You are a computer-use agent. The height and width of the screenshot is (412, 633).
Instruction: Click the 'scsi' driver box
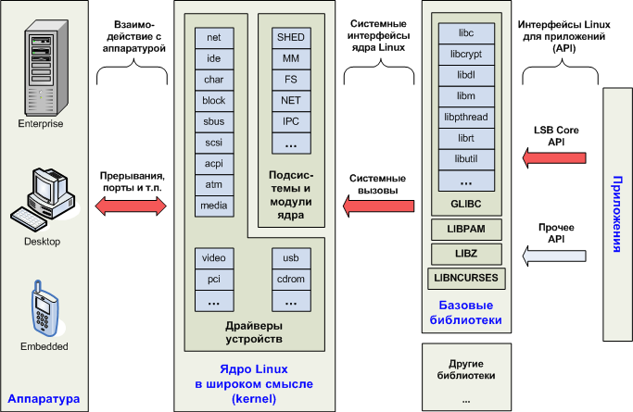[214, 142]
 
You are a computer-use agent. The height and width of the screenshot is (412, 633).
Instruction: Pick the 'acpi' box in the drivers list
[214, 162]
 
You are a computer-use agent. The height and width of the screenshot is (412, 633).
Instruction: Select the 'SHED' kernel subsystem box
[290, 38]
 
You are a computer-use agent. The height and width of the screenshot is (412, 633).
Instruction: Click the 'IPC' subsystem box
[290, 121]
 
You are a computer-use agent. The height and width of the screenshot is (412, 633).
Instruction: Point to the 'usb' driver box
[290, 256]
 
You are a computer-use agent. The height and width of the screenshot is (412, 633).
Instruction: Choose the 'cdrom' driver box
[290, 279]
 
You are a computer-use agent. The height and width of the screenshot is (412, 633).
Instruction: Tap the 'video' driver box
[214, 256]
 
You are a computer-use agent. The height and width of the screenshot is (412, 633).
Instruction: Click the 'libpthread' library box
[466, 119]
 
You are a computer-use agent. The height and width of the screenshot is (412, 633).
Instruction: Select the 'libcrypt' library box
[466, 55]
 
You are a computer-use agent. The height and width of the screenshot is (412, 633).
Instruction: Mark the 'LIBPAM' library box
[466, 227]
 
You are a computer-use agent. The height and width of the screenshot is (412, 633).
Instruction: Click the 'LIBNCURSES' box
[466, 277]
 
